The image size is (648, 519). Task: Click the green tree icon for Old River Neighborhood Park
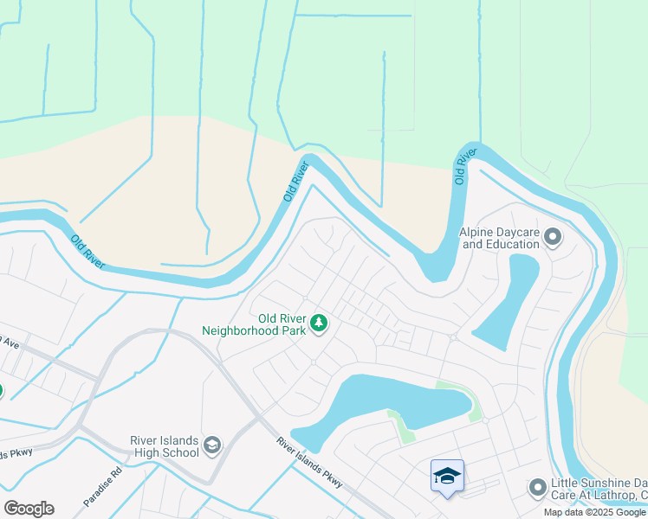pyautogui.click(x=320, y=324)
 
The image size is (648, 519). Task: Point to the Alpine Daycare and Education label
pyautogui.click(x=500, y=238)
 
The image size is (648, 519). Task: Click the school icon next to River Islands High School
pyautogui.click(x=213, y=445)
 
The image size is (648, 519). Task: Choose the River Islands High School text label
pyautogui.click(x=165, y=446)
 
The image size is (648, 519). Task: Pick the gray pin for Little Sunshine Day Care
pyautogui.click(x=537, y=489)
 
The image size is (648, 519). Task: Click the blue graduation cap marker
pyautogui.click(x=447, y=476)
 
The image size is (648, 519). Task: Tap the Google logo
pyautogui.click(x=29, y=509)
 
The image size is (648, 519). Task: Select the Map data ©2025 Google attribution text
pyautogui.click(x=595, y=512)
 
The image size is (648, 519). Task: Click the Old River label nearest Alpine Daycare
pyautogui.click(x=465, y=166)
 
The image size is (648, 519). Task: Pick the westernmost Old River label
pyautogui.click(x=88, y=251)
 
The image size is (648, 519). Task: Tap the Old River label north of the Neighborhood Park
pyautogui.click(x=295, y=182)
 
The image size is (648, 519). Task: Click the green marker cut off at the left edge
pyautogui.click(x=1, y=390)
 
